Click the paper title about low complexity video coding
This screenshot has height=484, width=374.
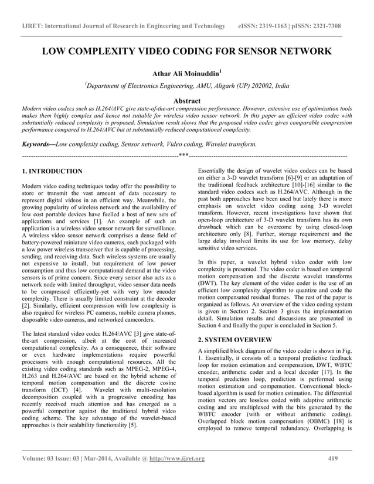(186, 51)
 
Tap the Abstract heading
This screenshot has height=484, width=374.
(186, 101)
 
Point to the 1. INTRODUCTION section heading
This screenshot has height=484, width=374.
(52, 172)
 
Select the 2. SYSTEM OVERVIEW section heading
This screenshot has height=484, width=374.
(234, 339)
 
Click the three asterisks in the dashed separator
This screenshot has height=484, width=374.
(184, 156)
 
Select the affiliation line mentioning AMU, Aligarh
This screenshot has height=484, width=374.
(186, 86)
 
